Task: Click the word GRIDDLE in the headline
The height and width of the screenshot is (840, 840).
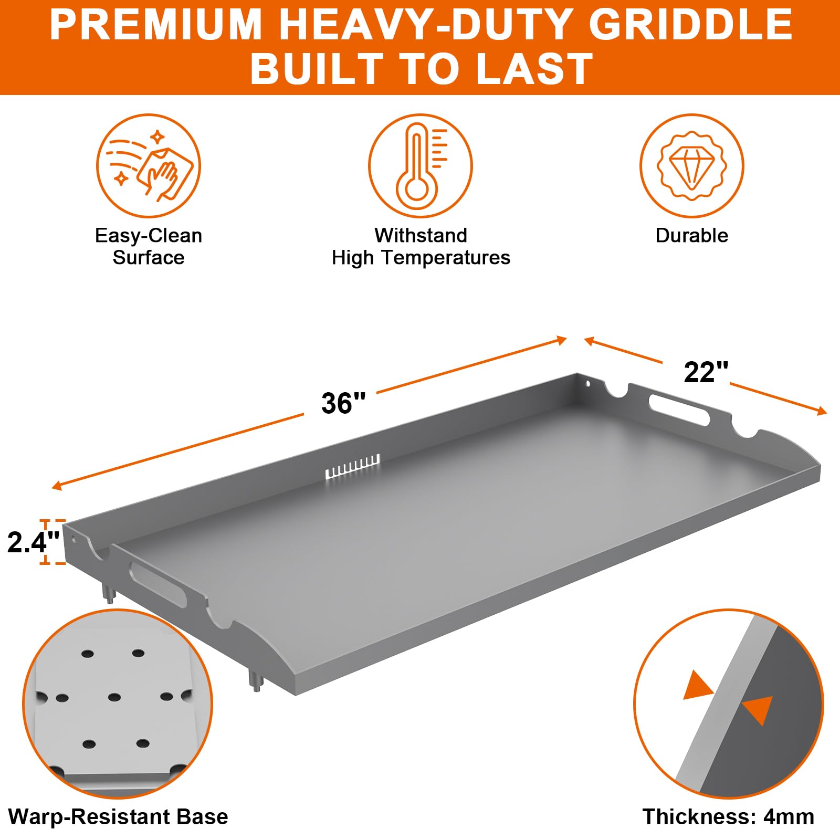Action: coord(691,25)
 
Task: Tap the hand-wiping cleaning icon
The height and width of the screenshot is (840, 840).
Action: coord(149,166)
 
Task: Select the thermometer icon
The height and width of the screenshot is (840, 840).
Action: coord(420,166)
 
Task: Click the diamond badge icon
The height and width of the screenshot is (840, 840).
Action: coord(692,166)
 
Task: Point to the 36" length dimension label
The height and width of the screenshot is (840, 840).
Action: coord(343,403)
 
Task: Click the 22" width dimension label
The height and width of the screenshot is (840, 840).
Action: coord(706,372)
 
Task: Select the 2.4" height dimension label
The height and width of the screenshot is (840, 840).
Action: coord(33,542)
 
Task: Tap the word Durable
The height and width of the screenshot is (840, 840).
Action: coord(692,236)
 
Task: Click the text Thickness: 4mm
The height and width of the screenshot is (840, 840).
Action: coord(728,817)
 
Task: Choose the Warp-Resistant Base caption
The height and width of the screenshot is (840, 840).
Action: coord(118,817)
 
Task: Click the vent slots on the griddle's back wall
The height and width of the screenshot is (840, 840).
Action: coord(352,466)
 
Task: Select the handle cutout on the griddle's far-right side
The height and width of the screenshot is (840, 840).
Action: coord(679,409)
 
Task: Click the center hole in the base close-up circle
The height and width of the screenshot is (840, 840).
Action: coord(114,697)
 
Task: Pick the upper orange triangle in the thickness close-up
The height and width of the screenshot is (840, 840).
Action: coord(698,686)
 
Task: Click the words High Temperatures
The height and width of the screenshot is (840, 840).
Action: coord(421,258)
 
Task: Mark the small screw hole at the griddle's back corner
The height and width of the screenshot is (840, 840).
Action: coord(588,384)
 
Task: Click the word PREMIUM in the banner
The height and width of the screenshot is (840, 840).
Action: coord(156,25)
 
